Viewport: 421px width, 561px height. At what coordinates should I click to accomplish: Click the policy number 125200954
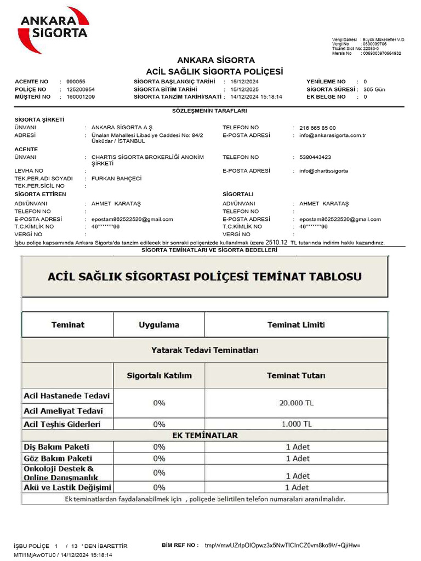[81, 89]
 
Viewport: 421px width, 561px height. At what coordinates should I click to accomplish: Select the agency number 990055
[76, 82]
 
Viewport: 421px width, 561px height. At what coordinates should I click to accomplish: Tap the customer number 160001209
[81, 97]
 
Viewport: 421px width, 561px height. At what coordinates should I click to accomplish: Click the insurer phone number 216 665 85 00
[318, 128]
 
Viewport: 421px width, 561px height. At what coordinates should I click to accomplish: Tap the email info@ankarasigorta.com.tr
[333, 135]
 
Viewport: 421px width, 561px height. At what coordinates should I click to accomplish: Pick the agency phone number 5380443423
[315, 157]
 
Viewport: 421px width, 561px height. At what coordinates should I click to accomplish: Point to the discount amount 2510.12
[276, 242]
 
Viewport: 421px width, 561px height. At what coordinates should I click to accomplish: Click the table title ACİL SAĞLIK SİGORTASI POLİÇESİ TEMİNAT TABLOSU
[204, 277]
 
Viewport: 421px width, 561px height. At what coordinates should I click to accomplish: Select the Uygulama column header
[159, 325]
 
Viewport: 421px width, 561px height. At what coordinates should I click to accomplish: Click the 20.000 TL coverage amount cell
[296, 403]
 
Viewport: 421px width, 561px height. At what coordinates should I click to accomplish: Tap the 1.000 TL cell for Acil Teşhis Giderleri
[296, 424]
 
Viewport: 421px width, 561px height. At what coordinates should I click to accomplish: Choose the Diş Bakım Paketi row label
[56, 447]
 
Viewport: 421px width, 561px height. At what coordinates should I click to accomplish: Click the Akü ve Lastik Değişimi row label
[67, 487]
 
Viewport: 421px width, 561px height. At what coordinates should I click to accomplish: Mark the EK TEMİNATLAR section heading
[204, 436]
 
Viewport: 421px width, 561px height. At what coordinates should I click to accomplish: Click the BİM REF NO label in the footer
[180, 546]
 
